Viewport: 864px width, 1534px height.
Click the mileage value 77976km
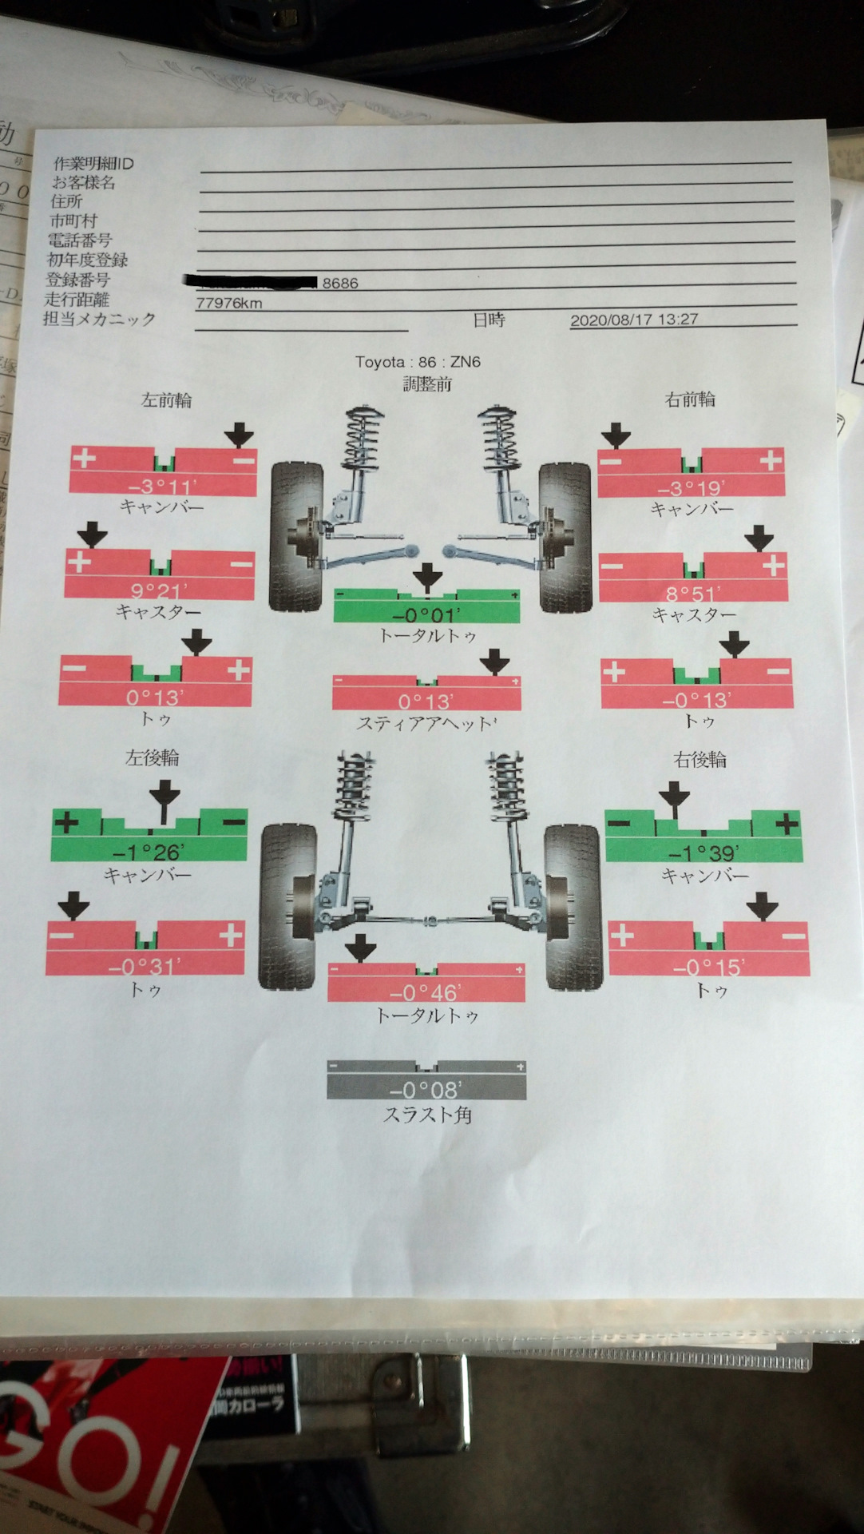coord(229,303)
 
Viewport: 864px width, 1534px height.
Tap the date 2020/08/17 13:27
coord(634,320)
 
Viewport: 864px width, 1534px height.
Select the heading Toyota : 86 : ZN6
coord(418,362)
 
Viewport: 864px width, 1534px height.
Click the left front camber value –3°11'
coord(162,486)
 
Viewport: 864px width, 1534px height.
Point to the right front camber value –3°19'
coord(692,487)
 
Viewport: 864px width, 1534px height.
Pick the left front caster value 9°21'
coord(159,590)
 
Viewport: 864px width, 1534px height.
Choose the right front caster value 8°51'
coord(693,593)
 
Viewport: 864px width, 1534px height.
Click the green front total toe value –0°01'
coord(426,614)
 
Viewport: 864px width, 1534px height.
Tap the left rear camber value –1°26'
coord(149,852)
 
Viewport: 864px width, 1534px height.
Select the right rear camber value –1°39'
coord(703,852)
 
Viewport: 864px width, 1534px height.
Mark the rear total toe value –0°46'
coord(426,992)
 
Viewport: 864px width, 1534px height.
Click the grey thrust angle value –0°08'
coord(426,1090)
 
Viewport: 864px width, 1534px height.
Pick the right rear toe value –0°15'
coord(709,967)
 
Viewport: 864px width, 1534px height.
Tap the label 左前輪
coord(166,399)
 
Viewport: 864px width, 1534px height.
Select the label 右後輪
coord(700,759)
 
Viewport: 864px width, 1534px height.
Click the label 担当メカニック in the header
coord(99,319)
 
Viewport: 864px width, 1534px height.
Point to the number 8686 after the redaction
coord(340,283)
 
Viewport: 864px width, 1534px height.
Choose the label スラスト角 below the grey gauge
coord(428,1115)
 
